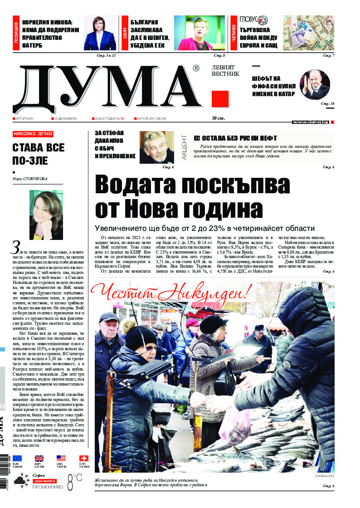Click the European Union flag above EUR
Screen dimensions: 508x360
point(17,459)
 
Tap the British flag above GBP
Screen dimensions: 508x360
point(39,459)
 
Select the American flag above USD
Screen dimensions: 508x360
point(61,459)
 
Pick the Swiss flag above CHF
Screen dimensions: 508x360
point(84,459)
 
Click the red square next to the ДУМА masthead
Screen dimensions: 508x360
point(220,99)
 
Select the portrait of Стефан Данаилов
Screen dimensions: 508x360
point(156,147)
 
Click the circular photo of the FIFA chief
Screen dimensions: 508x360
point(315,84)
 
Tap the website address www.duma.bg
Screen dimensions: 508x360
point(310,122)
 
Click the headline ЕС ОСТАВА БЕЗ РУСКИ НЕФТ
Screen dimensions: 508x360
point(235,138)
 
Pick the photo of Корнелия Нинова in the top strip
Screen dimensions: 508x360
point(100,33)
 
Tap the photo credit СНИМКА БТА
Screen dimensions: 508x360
point(324,476)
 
